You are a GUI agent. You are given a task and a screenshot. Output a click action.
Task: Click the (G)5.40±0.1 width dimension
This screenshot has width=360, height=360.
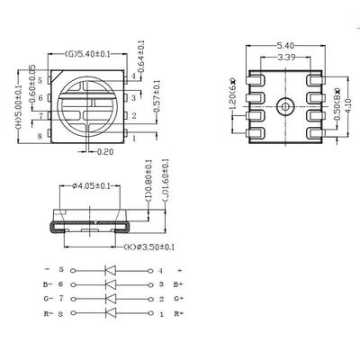86,54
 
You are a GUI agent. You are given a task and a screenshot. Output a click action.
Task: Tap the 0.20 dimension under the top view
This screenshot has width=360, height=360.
105,152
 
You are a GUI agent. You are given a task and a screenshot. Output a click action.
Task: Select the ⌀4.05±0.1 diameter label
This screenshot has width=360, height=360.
91,186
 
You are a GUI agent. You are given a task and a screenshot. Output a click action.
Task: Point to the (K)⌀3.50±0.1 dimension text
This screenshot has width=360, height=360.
149,247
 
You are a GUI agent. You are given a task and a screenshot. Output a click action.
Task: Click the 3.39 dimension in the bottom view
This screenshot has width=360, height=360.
286,57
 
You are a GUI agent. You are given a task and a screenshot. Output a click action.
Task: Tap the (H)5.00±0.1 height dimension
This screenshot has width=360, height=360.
19,107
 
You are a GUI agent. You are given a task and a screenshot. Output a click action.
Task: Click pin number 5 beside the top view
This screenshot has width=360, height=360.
40,81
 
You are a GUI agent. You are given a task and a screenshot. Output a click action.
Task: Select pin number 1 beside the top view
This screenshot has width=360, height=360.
134,139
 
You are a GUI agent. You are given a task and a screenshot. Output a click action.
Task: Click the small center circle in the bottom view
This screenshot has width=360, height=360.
284,106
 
